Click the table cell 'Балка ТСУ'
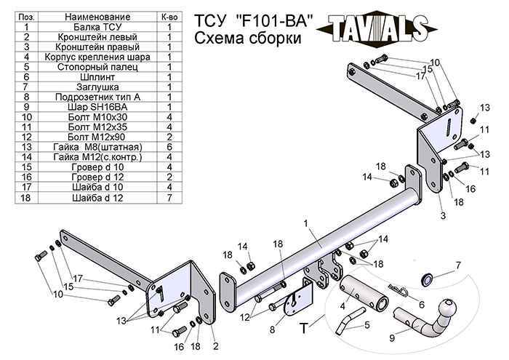[97, 26]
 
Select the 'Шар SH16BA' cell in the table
[97, 106]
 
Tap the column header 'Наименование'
[97, 16]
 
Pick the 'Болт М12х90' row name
[97, 137]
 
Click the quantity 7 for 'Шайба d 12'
[169, 197]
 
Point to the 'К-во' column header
[169, 16]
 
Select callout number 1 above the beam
[306, 222]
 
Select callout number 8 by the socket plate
[273, 329]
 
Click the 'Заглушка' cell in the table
[97, 87]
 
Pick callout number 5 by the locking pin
[367, 324]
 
